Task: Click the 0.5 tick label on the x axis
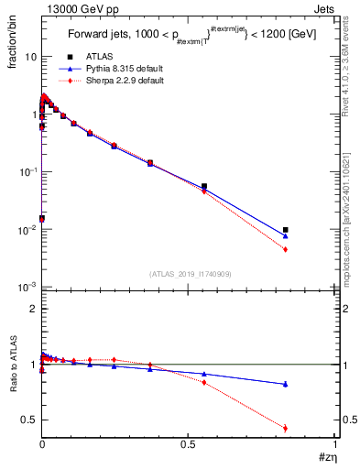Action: [188, 443]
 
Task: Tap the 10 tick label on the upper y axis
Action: [31, 57]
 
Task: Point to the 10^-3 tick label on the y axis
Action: [28, 288]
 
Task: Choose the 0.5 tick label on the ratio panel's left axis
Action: [29, 420]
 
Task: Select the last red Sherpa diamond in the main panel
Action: [286, 249]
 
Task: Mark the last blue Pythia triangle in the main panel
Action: [286, 236]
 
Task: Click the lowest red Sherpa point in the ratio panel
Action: [286, 428]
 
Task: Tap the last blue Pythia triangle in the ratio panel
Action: [286, 384]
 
